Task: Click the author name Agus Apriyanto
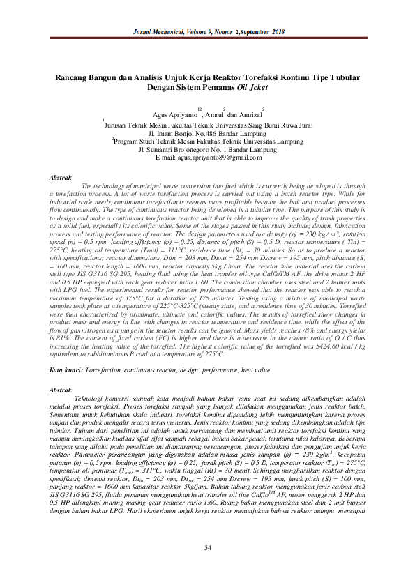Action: (x=173, y=114)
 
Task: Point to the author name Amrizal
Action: (x=248, y=114)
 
